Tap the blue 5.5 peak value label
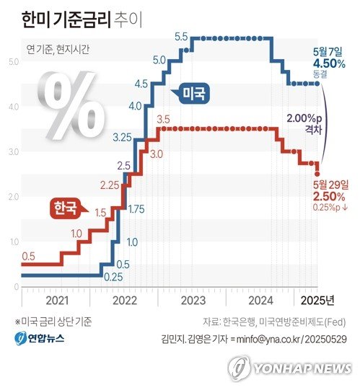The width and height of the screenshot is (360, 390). [x=181, y=36]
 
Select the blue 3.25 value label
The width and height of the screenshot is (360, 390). [x=122, y=137]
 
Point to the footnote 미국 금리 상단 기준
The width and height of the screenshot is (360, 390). [x=53, y=322]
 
